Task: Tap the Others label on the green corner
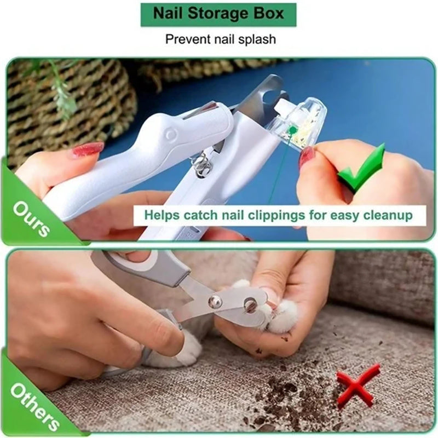point(33,405)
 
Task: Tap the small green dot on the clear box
point(294,130)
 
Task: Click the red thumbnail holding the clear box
point(307,157)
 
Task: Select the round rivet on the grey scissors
point(214,300)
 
